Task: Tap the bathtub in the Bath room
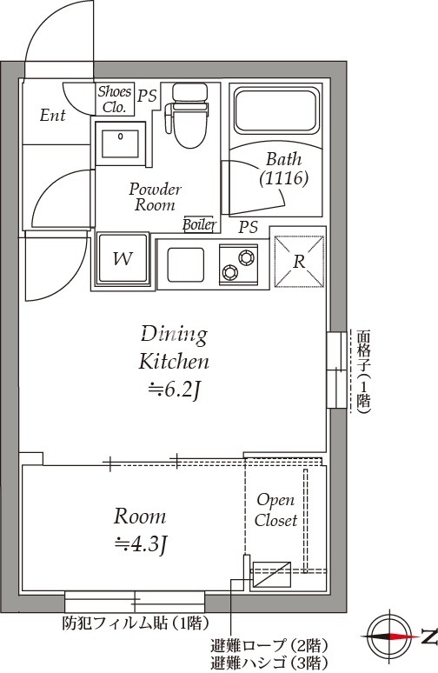coord(276,110)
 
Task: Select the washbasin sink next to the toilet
coord(120,143)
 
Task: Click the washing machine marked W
coord(123,258)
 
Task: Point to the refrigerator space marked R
coord(299,261)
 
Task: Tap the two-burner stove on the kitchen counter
coord(238,264)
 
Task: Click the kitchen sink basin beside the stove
coord(185,264)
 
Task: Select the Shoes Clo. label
coord(114,99)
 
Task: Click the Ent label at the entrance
coord(52,115)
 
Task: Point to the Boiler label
coord(200,224)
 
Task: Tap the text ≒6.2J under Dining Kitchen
coord(174,390)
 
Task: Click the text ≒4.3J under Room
coord(139,544)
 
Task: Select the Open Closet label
coord(275,510)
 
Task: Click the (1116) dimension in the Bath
coord(283,177)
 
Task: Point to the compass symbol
coord(389,636)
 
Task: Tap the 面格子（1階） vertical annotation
coord(363,371)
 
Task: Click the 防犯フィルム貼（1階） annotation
coord(136,623)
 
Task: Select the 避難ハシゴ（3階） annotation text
coord(269,663)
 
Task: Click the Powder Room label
coord(155,197)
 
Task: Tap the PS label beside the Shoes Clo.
coord(147,96)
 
